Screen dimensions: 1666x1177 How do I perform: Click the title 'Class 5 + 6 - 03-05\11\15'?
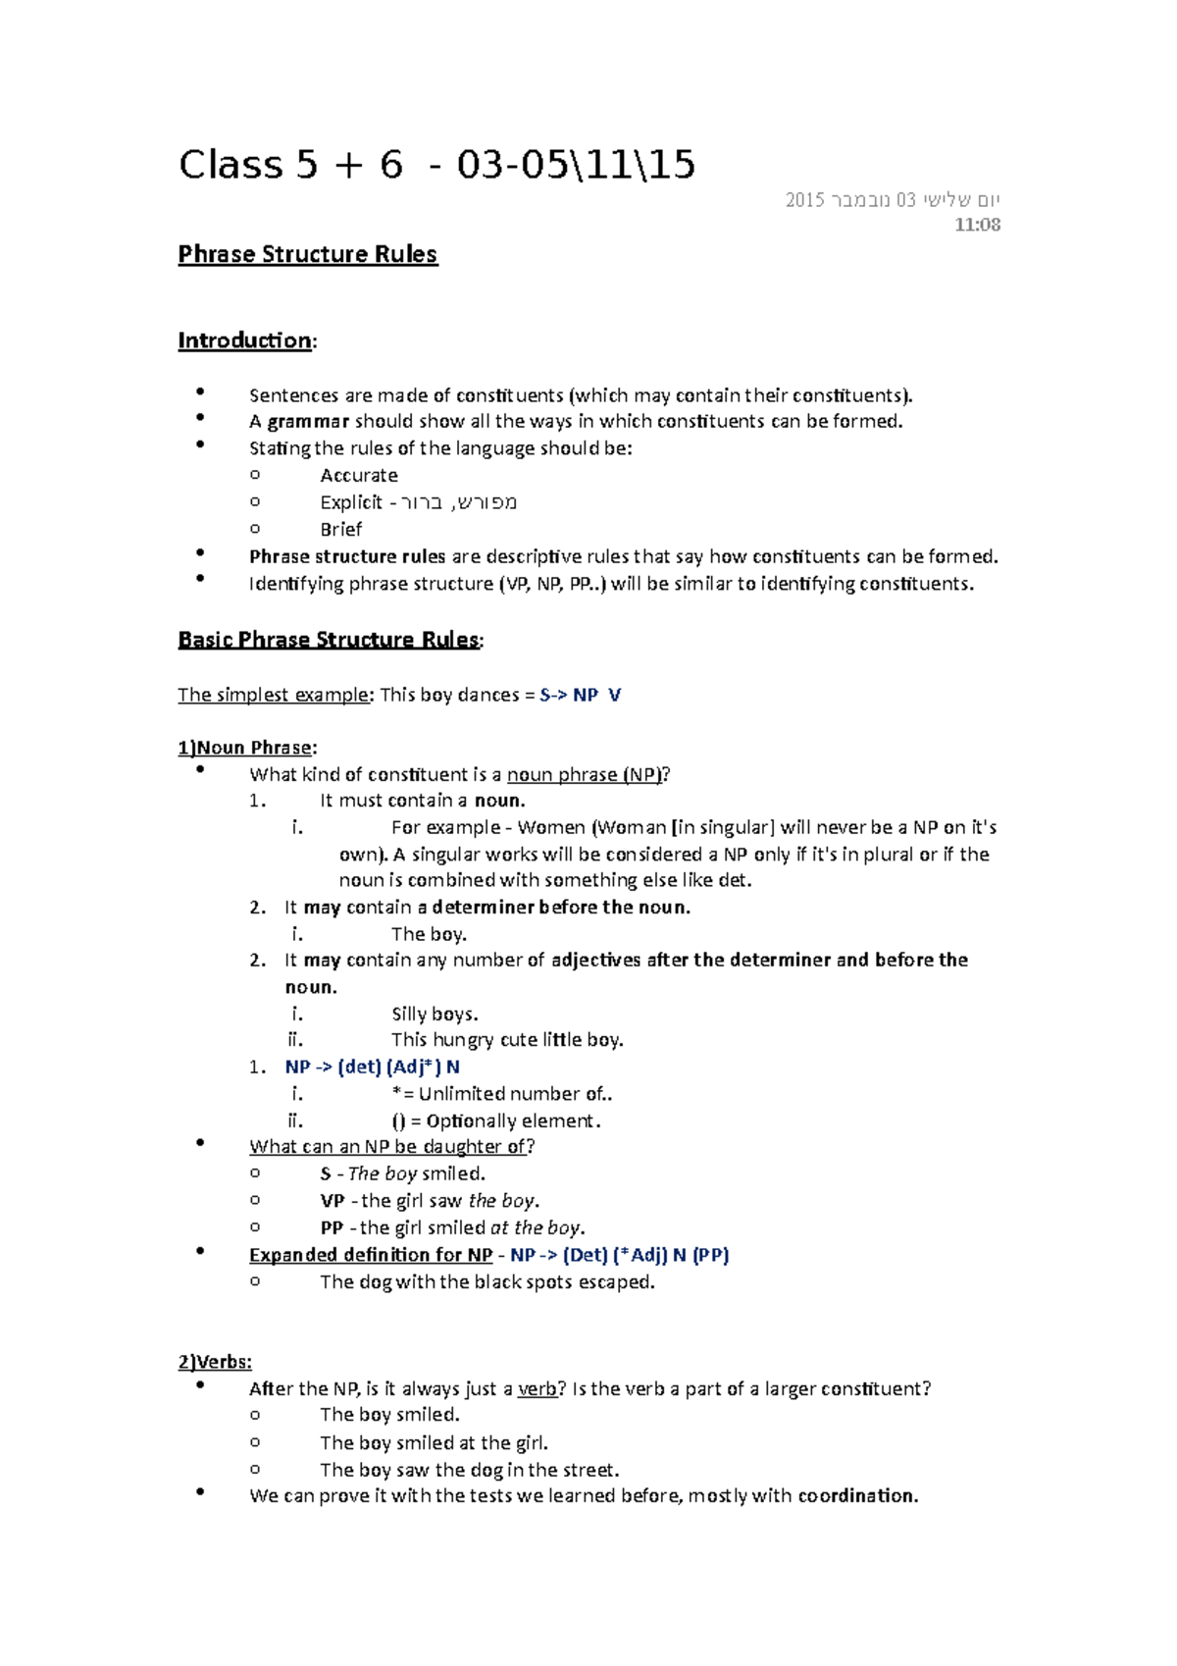pos(436,165)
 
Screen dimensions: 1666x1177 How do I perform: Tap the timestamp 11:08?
pos(977,225)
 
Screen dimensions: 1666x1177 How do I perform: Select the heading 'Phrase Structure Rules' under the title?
pos(307,254)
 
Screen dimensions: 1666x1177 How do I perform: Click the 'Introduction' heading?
pos(244,340)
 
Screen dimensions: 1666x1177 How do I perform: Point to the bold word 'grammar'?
pos(308,422)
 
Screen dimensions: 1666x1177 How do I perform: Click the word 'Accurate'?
pos(359,476)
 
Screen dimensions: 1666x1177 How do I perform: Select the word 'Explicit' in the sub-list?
pos(350,502)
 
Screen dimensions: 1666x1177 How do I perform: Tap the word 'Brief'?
pos(340,530)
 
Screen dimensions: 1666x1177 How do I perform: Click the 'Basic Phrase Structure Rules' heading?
pos(329,640)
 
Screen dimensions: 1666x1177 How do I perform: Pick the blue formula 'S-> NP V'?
pos(581,695)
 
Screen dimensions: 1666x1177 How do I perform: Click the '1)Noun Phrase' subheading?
pos(245,748)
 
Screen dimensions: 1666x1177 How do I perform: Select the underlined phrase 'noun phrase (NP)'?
pos(585,774)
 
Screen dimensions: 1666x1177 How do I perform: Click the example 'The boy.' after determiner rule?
pos(429,934)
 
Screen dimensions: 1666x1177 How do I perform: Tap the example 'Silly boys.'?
pos(435,1014)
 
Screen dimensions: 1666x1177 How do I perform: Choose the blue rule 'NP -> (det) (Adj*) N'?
pos(372,1067)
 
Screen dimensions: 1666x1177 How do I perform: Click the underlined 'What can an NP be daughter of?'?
pos(391,1146)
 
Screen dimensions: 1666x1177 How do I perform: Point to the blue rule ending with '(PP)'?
pos(620,1255)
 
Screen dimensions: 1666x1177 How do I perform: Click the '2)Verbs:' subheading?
pos(215,1362)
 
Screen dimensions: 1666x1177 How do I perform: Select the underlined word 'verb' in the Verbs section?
pos(537,1388)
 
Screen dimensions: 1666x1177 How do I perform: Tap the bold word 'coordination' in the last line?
pos(856,1496)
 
